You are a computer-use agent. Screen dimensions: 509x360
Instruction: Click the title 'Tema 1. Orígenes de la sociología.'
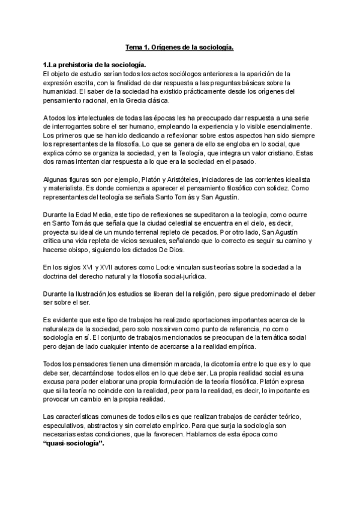click(179, 47)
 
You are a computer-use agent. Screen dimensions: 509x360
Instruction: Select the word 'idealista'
click(307, 181)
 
